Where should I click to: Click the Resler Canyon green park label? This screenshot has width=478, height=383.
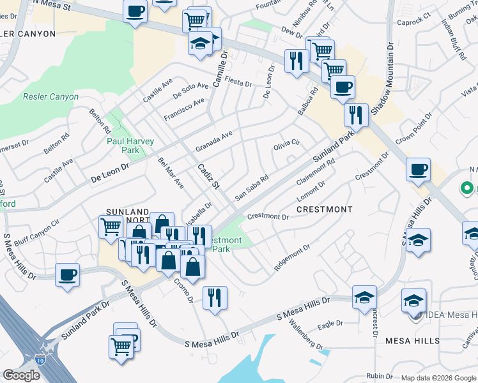tap(50, 97)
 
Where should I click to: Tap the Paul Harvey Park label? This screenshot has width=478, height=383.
tap(123, 145)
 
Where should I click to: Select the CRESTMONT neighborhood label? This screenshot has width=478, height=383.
tap(324, 209)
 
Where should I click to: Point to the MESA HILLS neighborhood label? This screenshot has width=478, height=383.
tap(412, 341)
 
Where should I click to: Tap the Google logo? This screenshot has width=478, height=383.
tap(21, 375)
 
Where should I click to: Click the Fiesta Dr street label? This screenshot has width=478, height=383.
tap(239, 83)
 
